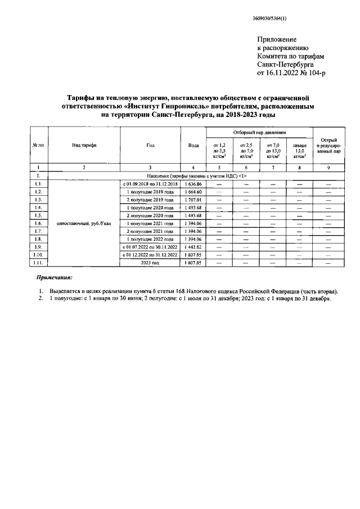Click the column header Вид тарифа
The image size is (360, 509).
click(84, 145)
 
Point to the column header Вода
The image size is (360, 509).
click(193, 145)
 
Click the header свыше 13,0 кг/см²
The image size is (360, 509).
click(299, 151)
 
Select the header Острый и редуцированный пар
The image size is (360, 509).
click(328, 145)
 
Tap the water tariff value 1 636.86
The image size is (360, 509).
click(193, 184)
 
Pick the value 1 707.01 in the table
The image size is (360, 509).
click(193, 200)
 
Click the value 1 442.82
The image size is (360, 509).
click(193, 246)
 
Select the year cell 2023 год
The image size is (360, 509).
click(150, 262)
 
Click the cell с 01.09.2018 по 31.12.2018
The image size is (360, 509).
click(150, 184)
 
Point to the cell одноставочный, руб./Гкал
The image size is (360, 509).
click(84, 223)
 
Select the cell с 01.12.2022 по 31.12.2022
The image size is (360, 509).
click(150, 254)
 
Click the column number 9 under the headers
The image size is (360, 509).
click(328, 168)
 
